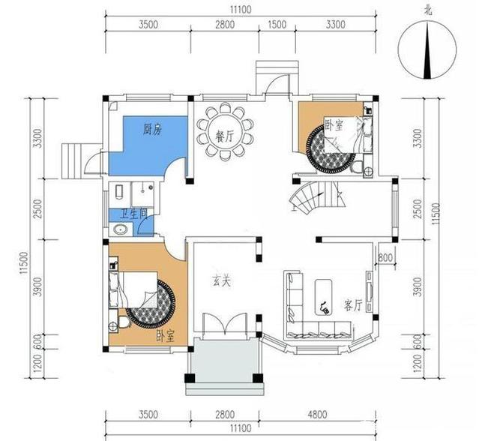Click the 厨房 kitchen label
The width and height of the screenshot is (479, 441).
coord(154,129)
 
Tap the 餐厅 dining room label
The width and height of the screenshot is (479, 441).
coord(224,136)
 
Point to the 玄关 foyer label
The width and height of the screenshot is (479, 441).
coord(220,282)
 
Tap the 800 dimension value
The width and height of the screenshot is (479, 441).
coord(385,259)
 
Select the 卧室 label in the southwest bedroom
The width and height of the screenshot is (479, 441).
coord(165,336)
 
